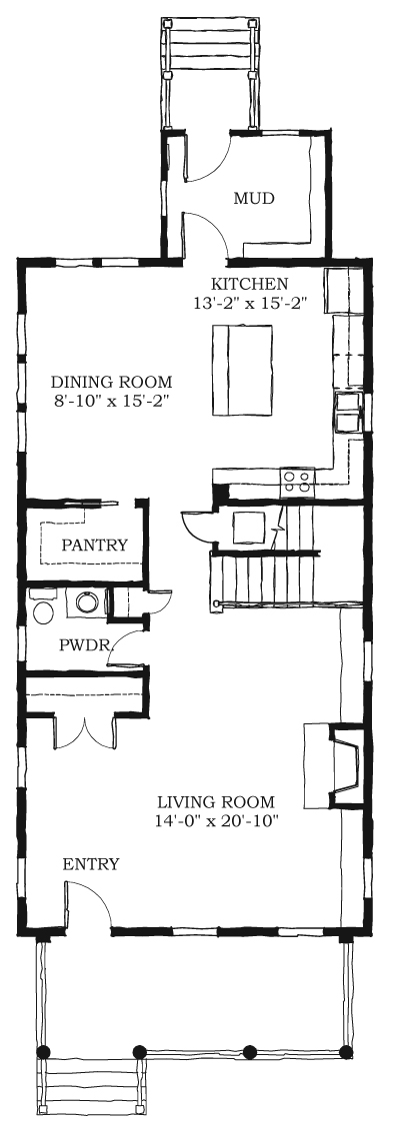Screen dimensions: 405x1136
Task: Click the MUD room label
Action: (254, 198)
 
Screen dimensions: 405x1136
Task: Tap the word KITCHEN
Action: (249, 284)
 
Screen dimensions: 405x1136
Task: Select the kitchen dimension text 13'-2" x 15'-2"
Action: (251, 305)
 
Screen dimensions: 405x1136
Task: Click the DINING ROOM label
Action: (112, 381)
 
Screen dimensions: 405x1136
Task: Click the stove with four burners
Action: (298, 481)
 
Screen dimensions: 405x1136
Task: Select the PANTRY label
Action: (94, 545)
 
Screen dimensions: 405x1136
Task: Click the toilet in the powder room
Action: (42, 607)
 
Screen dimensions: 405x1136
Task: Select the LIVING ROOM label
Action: (217, 802)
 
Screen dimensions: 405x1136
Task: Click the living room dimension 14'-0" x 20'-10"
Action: (217, 821)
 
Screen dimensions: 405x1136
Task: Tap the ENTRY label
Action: (91, 863)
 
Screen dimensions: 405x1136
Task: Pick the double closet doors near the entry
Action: (85, 731)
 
